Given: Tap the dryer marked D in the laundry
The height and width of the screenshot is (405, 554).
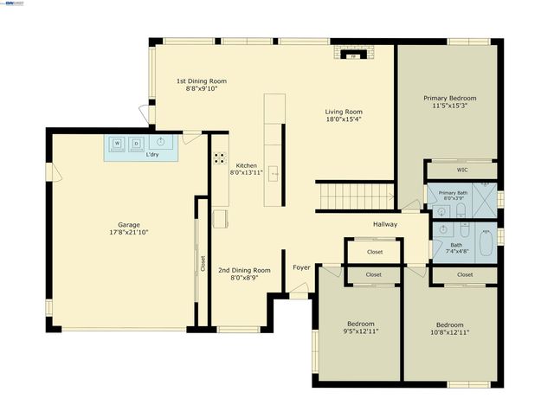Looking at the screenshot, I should (136, 143).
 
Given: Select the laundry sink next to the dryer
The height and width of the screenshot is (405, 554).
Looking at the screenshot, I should (160, 142).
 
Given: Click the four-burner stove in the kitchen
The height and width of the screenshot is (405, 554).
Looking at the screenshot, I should (220, 158).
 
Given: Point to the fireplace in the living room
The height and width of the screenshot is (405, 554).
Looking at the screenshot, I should (352, 55).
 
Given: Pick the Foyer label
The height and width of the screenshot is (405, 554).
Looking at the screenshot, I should (301, 268).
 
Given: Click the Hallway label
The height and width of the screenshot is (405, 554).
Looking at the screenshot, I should (385, 225).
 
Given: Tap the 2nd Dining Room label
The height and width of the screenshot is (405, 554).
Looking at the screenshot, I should (244, 270).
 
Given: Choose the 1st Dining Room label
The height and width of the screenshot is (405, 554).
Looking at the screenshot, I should (201, 80).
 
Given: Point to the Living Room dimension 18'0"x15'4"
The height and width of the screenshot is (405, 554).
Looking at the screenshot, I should (344, 120).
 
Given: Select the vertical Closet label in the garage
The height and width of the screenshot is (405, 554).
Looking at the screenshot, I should (203, 263).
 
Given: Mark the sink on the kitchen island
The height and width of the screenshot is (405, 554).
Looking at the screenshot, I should (274, 174).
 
